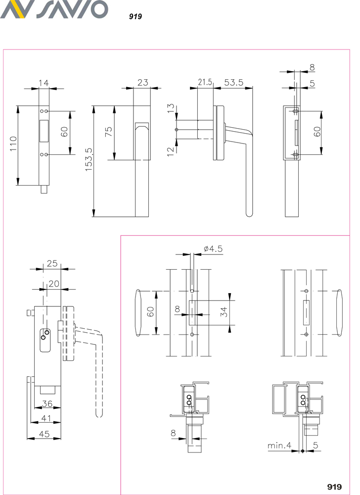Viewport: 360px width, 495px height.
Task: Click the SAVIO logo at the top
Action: click(x=54, y=9)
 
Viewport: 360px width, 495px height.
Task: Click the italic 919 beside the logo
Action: click(x=135, y=16)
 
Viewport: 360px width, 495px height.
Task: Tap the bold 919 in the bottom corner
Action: click(x=334, y=487)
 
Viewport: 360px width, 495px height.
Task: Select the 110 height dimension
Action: click(x=13, y=144)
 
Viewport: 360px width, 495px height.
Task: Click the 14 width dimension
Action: click(x=44, y=83)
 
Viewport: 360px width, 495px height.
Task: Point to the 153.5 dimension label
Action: click(x=89, y=159)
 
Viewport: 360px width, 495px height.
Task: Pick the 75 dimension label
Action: click(x=108, y=131)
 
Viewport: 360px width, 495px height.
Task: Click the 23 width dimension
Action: click(x=142, y=82)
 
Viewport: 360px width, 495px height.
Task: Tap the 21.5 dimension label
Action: click(x=205, y=82)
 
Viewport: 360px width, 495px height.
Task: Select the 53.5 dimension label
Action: click(x=233, y=82)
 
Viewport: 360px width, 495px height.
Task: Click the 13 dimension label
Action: click(x=171, y=108)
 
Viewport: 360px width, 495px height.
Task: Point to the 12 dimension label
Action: click(x=171, y=151)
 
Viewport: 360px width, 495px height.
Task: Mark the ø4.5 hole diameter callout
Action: click(x=213, y=249)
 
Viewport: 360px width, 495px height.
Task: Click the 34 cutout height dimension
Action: click(x=224, y=312)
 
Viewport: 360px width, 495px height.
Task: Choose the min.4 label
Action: click(x=279, y=445)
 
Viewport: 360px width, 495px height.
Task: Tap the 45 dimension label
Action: click(x=44, y=434)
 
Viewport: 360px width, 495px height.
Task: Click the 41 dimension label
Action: click(x=46, y=418)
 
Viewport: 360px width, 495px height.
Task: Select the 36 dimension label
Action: click(x=47, y=404)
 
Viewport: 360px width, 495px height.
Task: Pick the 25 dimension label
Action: click(x=52, y=263)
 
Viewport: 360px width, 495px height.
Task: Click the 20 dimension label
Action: click(x=53, y=284)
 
